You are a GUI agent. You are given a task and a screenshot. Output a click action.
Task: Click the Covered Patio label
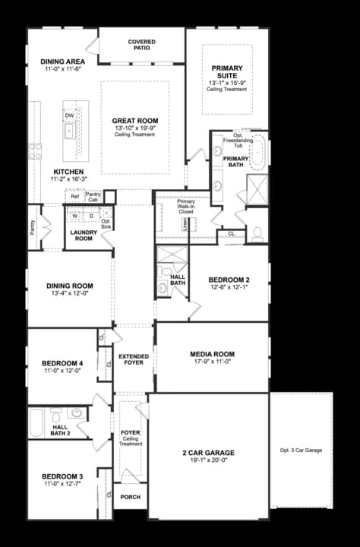pos(142,45)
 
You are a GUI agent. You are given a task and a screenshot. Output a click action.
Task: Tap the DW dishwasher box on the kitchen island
pos(69,115)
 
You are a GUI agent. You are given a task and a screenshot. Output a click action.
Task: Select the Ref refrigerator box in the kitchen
pos(74,197)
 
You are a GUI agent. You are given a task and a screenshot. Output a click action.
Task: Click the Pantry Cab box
pos(93,197)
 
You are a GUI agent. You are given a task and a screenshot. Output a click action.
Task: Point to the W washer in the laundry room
pos(75,217)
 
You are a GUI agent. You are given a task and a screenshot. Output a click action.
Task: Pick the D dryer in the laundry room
pos(91,217)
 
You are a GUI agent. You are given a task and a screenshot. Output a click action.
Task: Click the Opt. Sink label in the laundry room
pos(106,223)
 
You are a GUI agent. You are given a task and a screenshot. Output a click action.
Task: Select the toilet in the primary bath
pos(257,232)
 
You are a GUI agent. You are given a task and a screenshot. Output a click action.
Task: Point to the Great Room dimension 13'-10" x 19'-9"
pos(134,129)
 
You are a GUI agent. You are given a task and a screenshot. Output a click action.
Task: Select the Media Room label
pos(212,354)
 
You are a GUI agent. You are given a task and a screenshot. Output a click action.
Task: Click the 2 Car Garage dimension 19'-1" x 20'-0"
pos(207,460)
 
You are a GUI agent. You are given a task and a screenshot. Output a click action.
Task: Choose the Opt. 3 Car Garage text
pos(301,451)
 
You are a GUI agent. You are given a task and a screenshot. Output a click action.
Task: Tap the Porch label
pos(130,498)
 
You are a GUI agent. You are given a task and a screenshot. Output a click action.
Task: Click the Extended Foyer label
pos(134,359)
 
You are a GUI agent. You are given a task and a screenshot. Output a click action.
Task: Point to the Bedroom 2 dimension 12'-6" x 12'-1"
pos(229,287)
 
